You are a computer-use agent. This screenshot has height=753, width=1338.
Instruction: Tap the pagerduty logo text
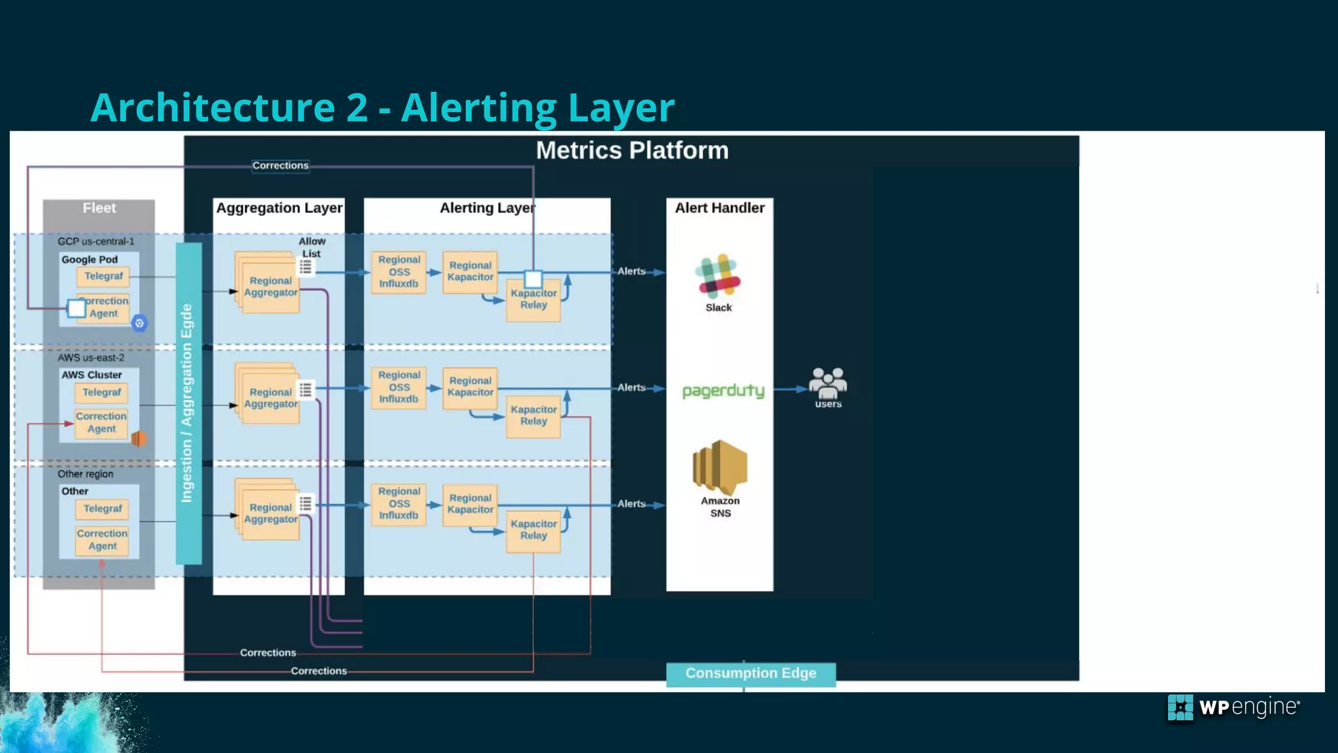[x=723, y=390]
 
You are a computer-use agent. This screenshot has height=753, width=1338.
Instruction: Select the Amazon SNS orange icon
[x=719, y=467]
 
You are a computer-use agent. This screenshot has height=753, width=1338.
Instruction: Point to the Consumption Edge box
[x=751, y=674]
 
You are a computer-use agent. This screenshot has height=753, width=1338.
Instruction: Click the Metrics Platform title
[x=632, y=150]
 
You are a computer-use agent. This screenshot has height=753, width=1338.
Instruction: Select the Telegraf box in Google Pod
[x=103, y=276]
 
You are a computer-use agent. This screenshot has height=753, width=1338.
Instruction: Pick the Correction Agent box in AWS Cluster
[x=101, y=422]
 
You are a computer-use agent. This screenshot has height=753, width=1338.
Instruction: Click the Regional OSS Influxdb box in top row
[x=399, y=271]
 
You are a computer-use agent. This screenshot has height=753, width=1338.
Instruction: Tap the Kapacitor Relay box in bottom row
[x=533, y=530]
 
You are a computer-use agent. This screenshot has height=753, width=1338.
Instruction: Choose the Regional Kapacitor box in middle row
[x=470, y=387]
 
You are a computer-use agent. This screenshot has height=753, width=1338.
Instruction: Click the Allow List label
[x=312, y=247]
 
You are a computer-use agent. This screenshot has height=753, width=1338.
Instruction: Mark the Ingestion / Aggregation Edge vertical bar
[x=188, y=403]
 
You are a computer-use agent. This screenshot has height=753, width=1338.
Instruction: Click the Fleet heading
[x=99, y=208]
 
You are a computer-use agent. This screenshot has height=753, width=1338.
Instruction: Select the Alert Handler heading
[x=719, y=208]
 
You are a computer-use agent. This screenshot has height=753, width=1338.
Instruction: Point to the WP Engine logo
[x=1233, y=707]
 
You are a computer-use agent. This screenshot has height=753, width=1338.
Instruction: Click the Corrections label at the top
[x=280, y=166]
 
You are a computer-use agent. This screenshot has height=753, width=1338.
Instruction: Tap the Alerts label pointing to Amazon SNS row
[x=631, y=504]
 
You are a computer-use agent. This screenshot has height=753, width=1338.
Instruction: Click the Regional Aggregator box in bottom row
[x=270, y=514]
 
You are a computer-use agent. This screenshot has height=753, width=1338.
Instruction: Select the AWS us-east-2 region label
[x=91, y=358]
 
